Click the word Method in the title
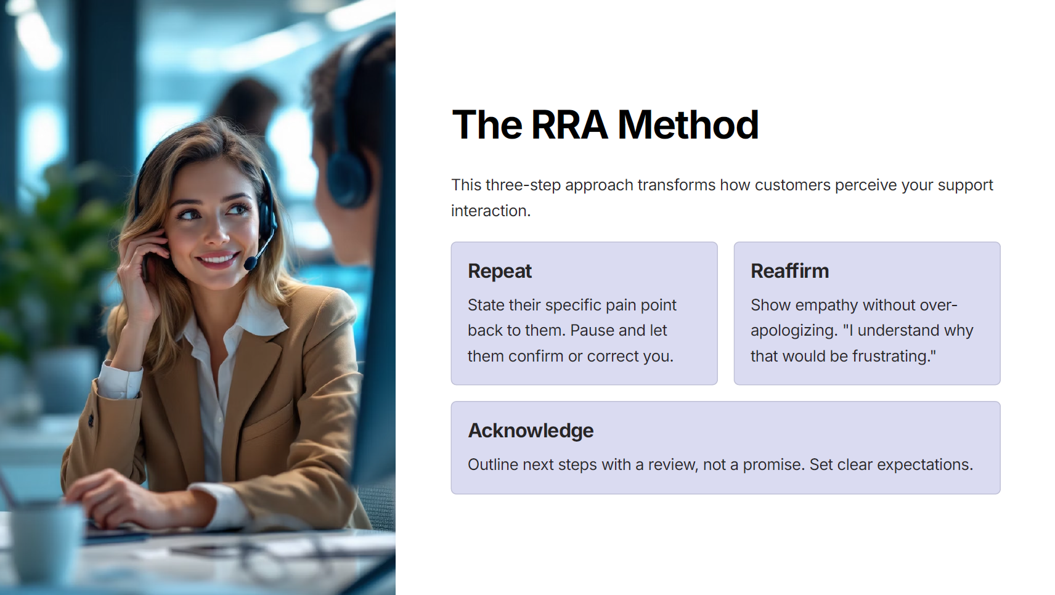(x=688, y=125)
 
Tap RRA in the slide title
(x=569, y=125)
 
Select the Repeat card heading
(x=500, y=271)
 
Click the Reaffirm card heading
(x=790, y=271)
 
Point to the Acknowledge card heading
(x=531, y=431)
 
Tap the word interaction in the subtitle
(x=491, y=211)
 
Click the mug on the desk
(x=45, y=541)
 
